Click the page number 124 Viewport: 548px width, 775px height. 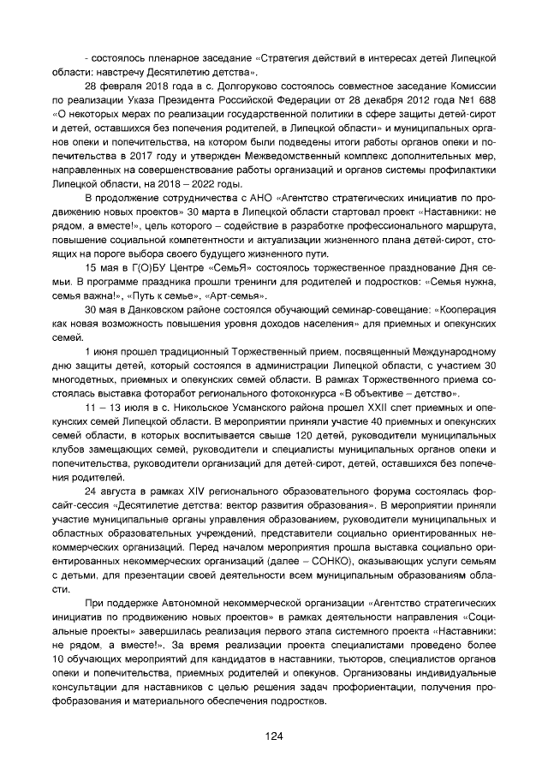coord(274,736)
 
